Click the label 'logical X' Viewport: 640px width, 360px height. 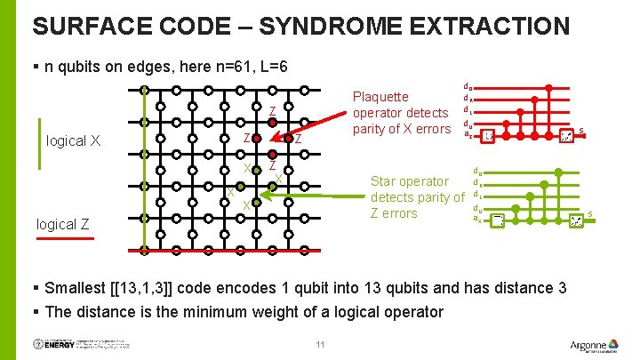click(73, 140)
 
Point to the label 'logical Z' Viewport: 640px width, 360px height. click(63, 224)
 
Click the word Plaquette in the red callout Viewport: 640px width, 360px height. click(380, 97)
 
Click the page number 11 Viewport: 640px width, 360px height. click(320, 344)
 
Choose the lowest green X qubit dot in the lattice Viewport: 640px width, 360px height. click(256, 203)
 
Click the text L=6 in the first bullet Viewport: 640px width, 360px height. click(268, 68)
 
